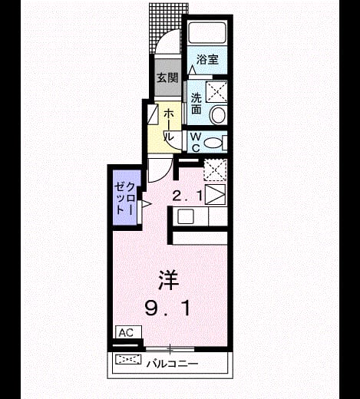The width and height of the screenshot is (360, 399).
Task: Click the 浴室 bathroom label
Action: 207,60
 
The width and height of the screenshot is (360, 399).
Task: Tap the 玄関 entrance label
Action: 167,77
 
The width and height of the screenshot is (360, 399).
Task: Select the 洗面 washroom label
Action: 197,103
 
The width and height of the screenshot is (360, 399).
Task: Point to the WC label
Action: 196,143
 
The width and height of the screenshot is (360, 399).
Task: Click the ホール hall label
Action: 169,125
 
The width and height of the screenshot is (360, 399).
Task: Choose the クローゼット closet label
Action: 124,198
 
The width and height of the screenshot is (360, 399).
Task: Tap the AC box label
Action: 126,332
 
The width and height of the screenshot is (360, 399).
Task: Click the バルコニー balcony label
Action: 172,364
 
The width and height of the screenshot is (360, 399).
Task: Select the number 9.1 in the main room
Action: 168,308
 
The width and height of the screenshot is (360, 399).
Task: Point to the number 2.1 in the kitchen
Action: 187,196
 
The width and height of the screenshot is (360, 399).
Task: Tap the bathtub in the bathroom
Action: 207,33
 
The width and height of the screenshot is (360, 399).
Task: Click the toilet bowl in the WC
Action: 213,143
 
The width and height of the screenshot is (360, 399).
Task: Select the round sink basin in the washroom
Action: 218,114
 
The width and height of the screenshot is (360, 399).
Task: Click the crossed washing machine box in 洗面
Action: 216,92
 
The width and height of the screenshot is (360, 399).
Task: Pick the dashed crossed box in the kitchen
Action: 215,170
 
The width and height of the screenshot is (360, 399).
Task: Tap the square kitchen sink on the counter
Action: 186,216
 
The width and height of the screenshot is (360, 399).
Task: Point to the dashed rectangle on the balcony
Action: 128,359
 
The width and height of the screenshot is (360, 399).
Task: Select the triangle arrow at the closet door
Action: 147,204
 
